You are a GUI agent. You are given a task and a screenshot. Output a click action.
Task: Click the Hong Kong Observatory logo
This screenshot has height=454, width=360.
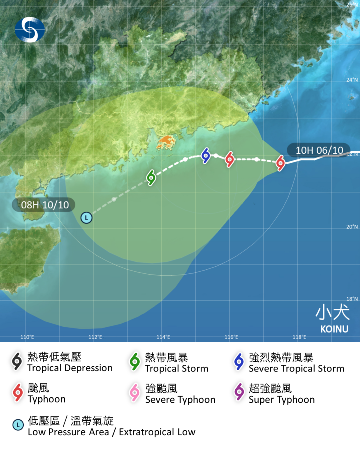30,29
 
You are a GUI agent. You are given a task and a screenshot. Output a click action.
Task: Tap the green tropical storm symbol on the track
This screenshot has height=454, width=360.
151,177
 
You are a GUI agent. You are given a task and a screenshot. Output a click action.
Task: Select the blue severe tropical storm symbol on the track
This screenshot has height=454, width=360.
206,155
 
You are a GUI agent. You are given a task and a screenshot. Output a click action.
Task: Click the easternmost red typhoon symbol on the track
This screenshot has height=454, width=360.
280,162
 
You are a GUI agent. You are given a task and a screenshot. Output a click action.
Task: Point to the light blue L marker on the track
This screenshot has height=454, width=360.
86,218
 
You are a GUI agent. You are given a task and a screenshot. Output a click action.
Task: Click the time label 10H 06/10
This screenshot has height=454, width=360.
319,150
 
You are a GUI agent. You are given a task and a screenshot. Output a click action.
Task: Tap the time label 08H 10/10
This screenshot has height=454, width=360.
44,205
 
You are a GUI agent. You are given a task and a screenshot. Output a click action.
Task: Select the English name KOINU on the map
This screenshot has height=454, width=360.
334,329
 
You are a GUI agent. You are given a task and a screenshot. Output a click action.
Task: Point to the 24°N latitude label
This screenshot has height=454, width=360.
352,80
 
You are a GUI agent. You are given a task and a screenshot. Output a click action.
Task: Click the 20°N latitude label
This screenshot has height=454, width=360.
352,227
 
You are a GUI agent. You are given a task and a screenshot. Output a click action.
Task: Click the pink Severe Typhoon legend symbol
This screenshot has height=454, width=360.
135,393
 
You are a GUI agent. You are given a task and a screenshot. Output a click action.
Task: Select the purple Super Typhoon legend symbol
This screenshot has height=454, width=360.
239,393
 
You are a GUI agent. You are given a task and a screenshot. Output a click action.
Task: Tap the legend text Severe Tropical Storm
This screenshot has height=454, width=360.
296,369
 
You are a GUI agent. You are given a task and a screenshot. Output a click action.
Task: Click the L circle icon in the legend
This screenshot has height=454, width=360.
18,425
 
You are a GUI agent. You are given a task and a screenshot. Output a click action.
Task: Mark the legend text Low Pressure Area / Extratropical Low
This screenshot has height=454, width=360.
111,432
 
